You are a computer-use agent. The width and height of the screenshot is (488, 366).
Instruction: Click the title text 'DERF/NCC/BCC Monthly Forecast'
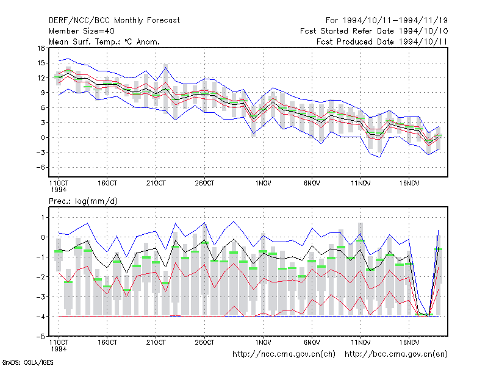114,21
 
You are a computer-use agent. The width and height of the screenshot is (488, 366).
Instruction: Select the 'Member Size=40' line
82,31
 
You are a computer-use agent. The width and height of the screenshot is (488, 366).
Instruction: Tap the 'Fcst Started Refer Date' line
374,31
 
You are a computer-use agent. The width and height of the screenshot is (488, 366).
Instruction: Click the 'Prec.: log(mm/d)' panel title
83,201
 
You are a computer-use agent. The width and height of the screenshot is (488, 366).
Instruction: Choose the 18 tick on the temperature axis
41,48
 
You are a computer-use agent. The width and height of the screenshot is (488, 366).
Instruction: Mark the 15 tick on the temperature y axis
41,63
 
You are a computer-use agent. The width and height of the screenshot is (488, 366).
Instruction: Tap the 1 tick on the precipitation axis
43,217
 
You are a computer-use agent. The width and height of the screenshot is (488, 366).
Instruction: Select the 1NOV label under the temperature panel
263,184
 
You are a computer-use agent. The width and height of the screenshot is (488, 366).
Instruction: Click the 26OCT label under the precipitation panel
204,342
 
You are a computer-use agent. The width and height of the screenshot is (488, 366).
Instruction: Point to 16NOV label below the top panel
409,184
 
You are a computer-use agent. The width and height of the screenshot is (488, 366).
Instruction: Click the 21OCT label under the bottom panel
156,342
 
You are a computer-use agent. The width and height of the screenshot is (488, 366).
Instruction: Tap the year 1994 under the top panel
59,190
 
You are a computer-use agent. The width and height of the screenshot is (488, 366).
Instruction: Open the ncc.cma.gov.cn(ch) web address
284,354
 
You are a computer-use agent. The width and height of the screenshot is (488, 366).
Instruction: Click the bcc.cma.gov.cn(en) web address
396,354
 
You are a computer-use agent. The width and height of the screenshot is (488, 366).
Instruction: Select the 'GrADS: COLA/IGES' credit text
27,362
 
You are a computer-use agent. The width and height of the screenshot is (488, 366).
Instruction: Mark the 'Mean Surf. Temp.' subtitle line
104,41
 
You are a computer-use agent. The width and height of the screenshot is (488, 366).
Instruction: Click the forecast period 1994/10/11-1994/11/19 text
395,21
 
